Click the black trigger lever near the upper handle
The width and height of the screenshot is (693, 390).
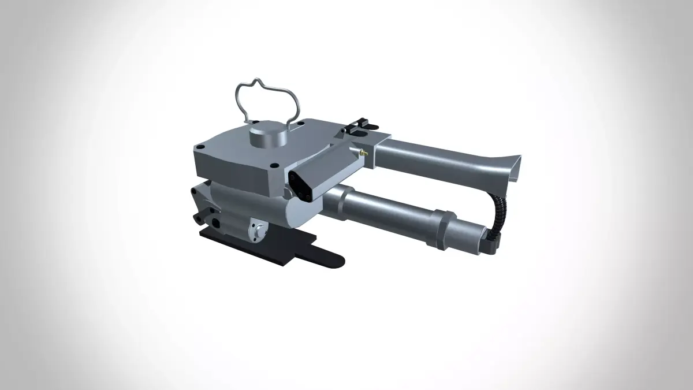pyautogui.click(x=362, y=123)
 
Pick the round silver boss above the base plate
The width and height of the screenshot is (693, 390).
pyautogui.click(x=256, y=229)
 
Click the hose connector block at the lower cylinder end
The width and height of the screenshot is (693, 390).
pyautogui.click(x=490, y=243)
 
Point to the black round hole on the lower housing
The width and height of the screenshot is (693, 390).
pyautogui.click(x=217, y=222)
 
